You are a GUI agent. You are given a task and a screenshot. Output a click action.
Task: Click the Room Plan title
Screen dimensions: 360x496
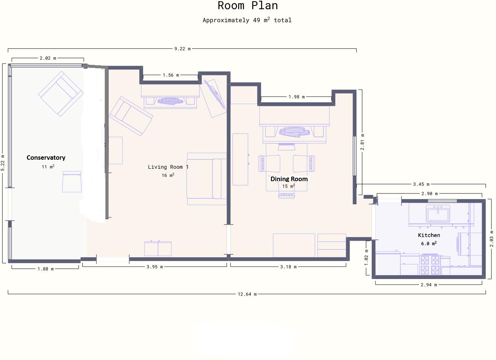click(248, 6)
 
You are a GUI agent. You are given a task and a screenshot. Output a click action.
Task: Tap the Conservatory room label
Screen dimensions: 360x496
click(46, 157)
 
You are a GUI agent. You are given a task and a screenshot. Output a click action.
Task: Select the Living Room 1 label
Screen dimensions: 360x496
click(168, 167)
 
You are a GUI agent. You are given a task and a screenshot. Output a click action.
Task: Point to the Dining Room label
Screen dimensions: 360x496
click(289, 179)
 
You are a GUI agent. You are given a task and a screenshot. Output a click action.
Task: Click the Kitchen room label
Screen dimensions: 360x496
click(429, 235)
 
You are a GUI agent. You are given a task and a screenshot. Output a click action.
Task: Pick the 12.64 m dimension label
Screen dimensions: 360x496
click(247, 294)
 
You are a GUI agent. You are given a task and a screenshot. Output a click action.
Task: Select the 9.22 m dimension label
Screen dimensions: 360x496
click(182, 49)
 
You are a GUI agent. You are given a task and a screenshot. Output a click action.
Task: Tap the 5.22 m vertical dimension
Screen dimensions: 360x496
click(3, 163)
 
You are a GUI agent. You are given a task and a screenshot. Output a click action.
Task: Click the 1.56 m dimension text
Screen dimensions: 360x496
click(171, 75)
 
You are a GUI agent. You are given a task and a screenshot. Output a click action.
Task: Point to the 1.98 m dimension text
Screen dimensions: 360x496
click(296, 97)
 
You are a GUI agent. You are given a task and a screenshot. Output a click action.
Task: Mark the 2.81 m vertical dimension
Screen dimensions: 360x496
click(362, 142)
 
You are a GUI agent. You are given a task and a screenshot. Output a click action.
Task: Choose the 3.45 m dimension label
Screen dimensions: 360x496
click(421, 184)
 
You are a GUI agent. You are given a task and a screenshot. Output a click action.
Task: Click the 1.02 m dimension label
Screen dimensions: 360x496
click(367, 258)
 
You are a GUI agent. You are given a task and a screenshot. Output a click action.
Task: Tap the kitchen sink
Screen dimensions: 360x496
click(438, 214)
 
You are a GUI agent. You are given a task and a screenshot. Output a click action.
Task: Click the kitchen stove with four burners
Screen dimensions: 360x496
click(430, 264)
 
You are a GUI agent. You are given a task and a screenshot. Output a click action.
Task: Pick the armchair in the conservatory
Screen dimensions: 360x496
click(61, 93)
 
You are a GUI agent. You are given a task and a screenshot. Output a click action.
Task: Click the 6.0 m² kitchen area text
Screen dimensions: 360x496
click(428, 243)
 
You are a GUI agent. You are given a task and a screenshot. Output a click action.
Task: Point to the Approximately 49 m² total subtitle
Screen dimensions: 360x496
click(247, 20)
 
